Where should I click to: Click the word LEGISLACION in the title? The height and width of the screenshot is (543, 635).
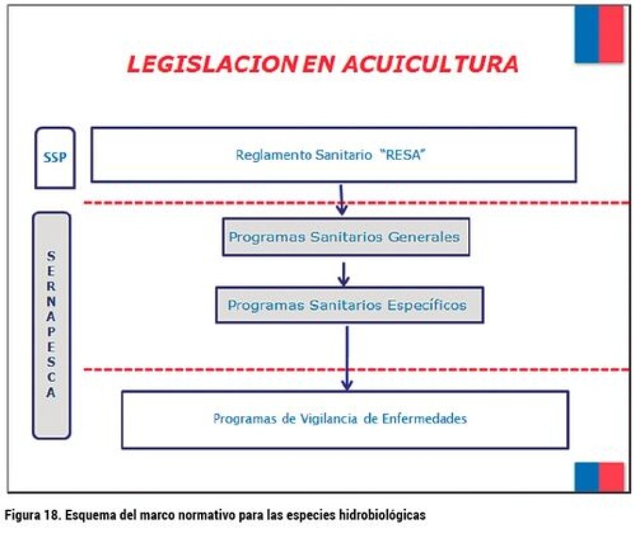pos(213,64)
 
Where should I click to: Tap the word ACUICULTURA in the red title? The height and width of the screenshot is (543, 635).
pos(431,64)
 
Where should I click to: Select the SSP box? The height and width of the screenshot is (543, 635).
pos(55,158)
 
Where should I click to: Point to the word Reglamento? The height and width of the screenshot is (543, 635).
pos(274,155)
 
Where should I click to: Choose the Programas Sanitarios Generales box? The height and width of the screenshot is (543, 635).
pos(346,237)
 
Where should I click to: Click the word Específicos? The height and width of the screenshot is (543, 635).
pos(427,305)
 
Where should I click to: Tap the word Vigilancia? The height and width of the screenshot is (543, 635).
pos(329,418)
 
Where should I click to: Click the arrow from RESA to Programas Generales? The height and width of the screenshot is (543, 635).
pos(341,200)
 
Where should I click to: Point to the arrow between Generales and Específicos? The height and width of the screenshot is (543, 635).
pos(343,275)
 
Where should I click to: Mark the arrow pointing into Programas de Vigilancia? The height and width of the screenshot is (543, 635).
pos(347,359)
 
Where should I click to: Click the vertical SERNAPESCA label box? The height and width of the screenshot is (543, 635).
pos(52,326)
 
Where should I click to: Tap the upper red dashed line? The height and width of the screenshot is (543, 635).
pos(357,203)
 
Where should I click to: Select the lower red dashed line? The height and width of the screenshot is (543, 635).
pos(357,369)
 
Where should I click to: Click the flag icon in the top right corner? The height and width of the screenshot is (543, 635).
pos(599,34)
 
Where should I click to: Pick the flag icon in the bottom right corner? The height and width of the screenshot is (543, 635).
pos(599,478)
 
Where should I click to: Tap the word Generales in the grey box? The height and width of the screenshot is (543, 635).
pos(423,237)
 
